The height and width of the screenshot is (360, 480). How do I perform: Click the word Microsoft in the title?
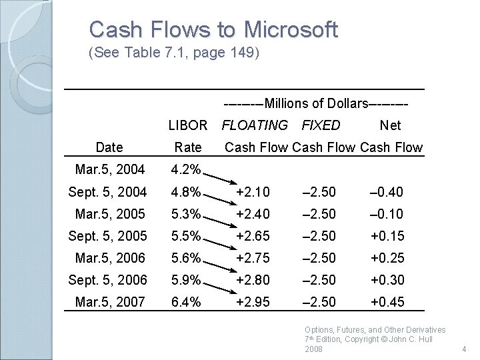point(291,30)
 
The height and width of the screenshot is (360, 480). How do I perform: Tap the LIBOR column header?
point(187,125)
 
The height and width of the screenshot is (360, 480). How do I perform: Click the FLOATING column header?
point(255,125)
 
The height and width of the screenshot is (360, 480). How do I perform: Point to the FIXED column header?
point(321,125)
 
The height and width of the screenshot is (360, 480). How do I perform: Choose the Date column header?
point(109,147)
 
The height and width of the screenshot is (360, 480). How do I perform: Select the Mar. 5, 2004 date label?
point(109,169)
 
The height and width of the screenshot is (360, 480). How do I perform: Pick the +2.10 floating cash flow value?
point(253,192)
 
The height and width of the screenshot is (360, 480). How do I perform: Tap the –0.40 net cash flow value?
point(387,192)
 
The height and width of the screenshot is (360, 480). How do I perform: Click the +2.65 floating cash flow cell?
point(253,236)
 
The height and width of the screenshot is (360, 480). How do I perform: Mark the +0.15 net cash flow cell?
point(387,236)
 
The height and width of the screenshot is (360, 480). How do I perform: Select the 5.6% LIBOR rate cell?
point(186,258)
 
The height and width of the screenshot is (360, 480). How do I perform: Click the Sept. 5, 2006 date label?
point(107,280)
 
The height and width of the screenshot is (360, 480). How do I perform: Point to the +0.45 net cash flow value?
point(387,302)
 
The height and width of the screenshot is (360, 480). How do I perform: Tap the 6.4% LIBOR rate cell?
point(186,302)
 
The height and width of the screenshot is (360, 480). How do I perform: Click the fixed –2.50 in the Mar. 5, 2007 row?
point(319,302)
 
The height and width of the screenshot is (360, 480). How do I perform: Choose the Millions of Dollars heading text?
point(315,103)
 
